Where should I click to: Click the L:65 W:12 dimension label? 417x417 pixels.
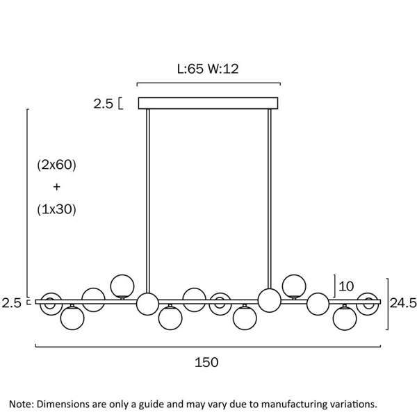coord(208,69)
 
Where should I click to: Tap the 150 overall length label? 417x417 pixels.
coord(206,362)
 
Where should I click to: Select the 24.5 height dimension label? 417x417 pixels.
coord(403,303)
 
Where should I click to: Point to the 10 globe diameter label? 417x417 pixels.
coord(346,286)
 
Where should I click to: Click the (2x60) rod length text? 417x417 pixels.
coord(57,165)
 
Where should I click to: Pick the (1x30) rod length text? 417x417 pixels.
coord(57,209)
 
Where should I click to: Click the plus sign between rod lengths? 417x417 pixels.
coord(57,187)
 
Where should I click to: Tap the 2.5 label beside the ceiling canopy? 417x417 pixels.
coord(103,104)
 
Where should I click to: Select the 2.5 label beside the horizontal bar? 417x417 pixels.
coord(11,303)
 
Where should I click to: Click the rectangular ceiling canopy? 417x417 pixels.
coord(208,103)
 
